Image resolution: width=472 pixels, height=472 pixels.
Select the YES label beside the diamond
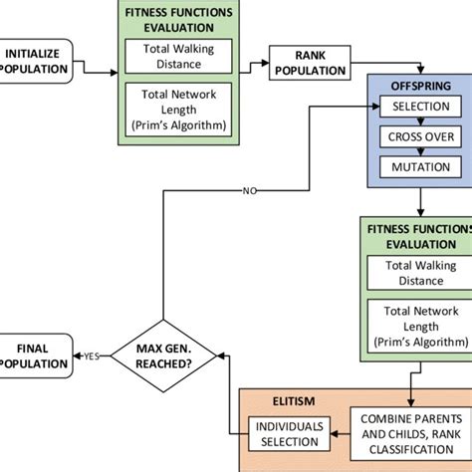click(91, 355)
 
